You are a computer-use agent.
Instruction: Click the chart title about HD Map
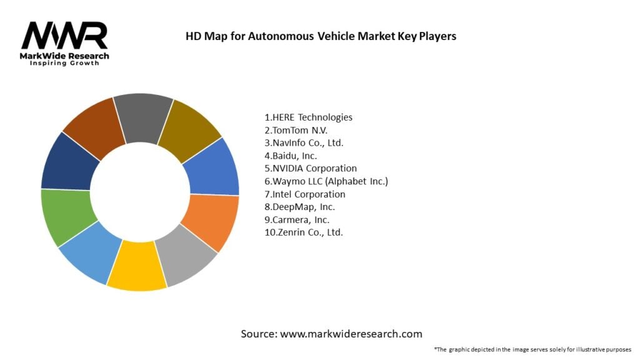tap(321, 36)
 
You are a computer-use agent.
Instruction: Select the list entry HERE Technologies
tap(308, 117)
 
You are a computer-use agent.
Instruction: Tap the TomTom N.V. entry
tap(296, 130)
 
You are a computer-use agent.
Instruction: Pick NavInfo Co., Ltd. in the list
tap(304, 143)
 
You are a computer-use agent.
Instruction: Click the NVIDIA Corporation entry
tap(311, 168)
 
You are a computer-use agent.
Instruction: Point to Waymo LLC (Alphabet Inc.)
tap(326, 181)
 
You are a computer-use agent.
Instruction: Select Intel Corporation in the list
tap(305, 194)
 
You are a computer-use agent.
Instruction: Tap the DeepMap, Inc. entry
tap(300, 207)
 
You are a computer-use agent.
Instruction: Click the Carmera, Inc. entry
tap(297, 219)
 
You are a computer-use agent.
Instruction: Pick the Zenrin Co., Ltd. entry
tap(304, 232)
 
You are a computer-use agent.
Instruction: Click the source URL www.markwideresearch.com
tap(351, 334)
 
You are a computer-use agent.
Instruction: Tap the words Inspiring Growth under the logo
tap(64, 63)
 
